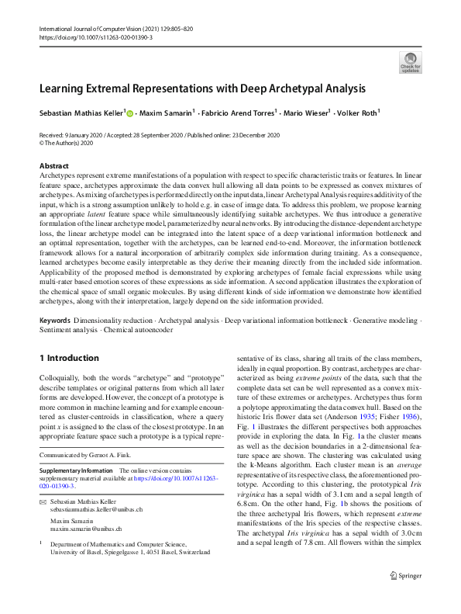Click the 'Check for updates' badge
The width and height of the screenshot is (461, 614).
(x=410, y=62)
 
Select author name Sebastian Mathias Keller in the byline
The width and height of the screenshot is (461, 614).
(x=81, y=113)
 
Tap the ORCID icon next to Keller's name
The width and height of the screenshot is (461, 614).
(x=129, y=113)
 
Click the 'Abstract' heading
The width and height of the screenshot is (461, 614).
(x=53, y=166)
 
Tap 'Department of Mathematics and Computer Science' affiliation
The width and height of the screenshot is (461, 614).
(x=124, y=545)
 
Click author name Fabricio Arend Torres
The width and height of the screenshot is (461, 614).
(x=238, y=113)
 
